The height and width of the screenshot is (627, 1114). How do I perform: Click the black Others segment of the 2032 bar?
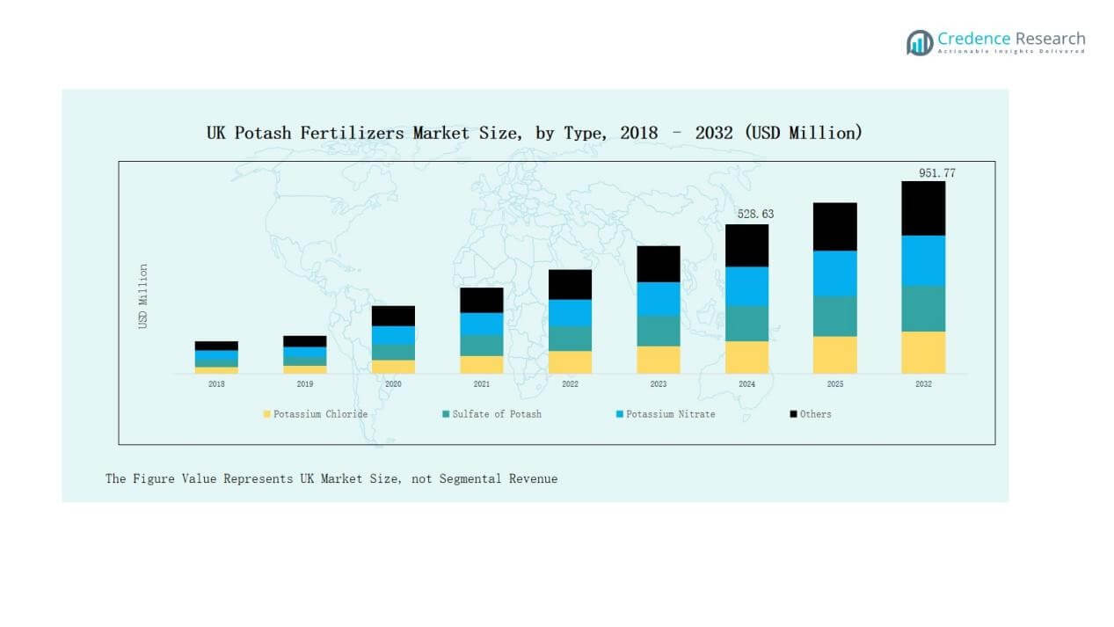[922, 208]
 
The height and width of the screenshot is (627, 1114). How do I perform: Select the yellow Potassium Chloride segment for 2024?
[746, 357]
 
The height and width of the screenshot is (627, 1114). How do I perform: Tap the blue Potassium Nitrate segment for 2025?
[834, 273]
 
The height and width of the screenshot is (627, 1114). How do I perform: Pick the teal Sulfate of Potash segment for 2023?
[659, 331]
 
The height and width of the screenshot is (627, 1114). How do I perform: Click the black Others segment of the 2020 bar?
[393, 316]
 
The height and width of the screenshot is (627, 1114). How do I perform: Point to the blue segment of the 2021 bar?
[482, 324]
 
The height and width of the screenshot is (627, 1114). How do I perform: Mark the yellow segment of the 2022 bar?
[570, 362]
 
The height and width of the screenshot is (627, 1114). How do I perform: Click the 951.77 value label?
[936, 173]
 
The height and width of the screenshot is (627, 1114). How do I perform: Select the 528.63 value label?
[755, 214]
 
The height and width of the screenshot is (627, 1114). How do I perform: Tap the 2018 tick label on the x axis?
[216, 384]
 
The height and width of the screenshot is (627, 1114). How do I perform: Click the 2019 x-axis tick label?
[304, 384]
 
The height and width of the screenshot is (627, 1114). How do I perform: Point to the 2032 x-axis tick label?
[923, 384]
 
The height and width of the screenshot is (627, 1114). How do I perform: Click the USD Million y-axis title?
[143, 296]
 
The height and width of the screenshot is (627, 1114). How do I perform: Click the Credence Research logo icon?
[920, 42]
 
